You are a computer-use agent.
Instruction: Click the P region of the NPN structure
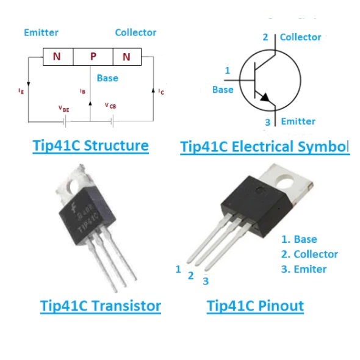93,57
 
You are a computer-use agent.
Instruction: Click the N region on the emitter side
58,57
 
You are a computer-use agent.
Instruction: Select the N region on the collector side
127,57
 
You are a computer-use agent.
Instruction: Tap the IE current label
21,91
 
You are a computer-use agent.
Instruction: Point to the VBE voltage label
64,109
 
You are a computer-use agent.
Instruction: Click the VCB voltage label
110,106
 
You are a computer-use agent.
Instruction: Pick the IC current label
161,92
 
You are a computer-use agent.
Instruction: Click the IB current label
82,91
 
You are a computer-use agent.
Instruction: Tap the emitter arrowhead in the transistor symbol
265,98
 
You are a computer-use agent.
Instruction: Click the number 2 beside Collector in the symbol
265,37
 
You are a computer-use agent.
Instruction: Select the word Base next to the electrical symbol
223,90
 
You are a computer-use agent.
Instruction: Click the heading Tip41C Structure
91,146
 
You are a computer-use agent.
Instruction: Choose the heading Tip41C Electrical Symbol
265,146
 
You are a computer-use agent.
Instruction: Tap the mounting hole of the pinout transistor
286,182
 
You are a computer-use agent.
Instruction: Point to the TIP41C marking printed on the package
88,221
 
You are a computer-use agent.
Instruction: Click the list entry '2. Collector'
309,254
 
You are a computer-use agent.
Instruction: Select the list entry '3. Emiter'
304,269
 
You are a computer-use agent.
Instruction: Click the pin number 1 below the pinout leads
178,269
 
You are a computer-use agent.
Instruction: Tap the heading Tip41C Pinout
255,306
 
